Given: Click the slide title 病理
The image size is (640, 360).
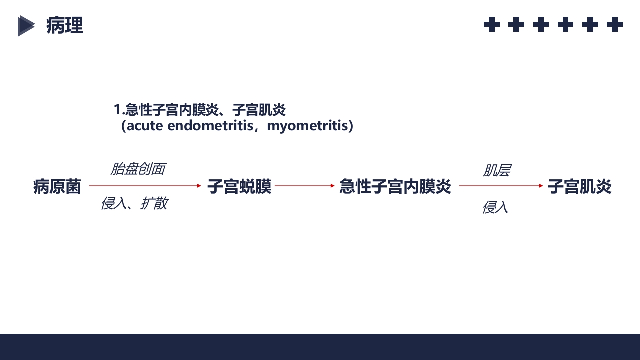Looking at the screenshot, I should pos(65,25).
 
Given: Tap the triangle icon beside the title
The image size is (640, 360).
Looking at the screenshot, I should pos(26,26).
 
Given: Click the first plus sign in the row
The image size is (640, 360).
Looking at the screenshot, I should pos(492,24).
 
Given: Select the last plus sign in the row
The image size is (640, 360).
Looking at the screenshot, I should pos(614,24).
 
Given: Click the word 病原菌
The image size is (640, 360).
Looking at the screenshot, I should pos(57,187).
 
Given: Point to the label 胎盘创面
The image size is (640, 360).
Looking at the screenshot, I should pos(137,169).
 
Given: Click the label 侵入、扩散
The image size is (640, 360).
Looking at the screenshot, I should pos(134,203).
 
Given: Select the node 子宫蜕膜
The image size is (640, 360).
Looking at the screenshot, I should pos(239,187).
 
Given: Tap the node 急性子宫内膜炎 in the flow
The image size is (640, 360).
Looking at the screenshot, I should pos(395,187).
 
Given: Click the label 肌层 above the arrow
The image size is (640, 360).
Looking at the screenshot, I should pos(496,171).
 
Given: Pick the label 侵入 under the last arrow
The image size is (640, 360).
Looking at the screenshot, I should pos(495,207).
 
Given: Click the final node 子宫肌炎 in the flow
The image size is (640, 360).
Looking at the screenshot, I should pos(579,187).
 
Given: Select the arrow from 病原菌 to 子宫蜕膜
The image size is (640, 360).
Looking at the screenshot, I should pos(145,186).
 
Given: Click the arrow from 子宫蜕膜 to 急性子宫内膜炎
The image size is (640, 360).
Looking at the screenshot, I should pos(304,186).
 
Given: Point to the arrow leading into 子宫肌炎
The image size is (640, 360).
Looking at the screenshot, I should pos(501,186).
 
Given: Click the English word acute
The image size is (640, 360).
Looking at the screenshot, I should pos(145,126).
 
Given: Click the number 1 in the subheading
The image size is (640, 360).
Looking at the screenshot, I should pos(117,109).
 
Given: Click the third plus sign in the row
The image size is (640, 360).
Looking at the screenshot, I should pos(541,24).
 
